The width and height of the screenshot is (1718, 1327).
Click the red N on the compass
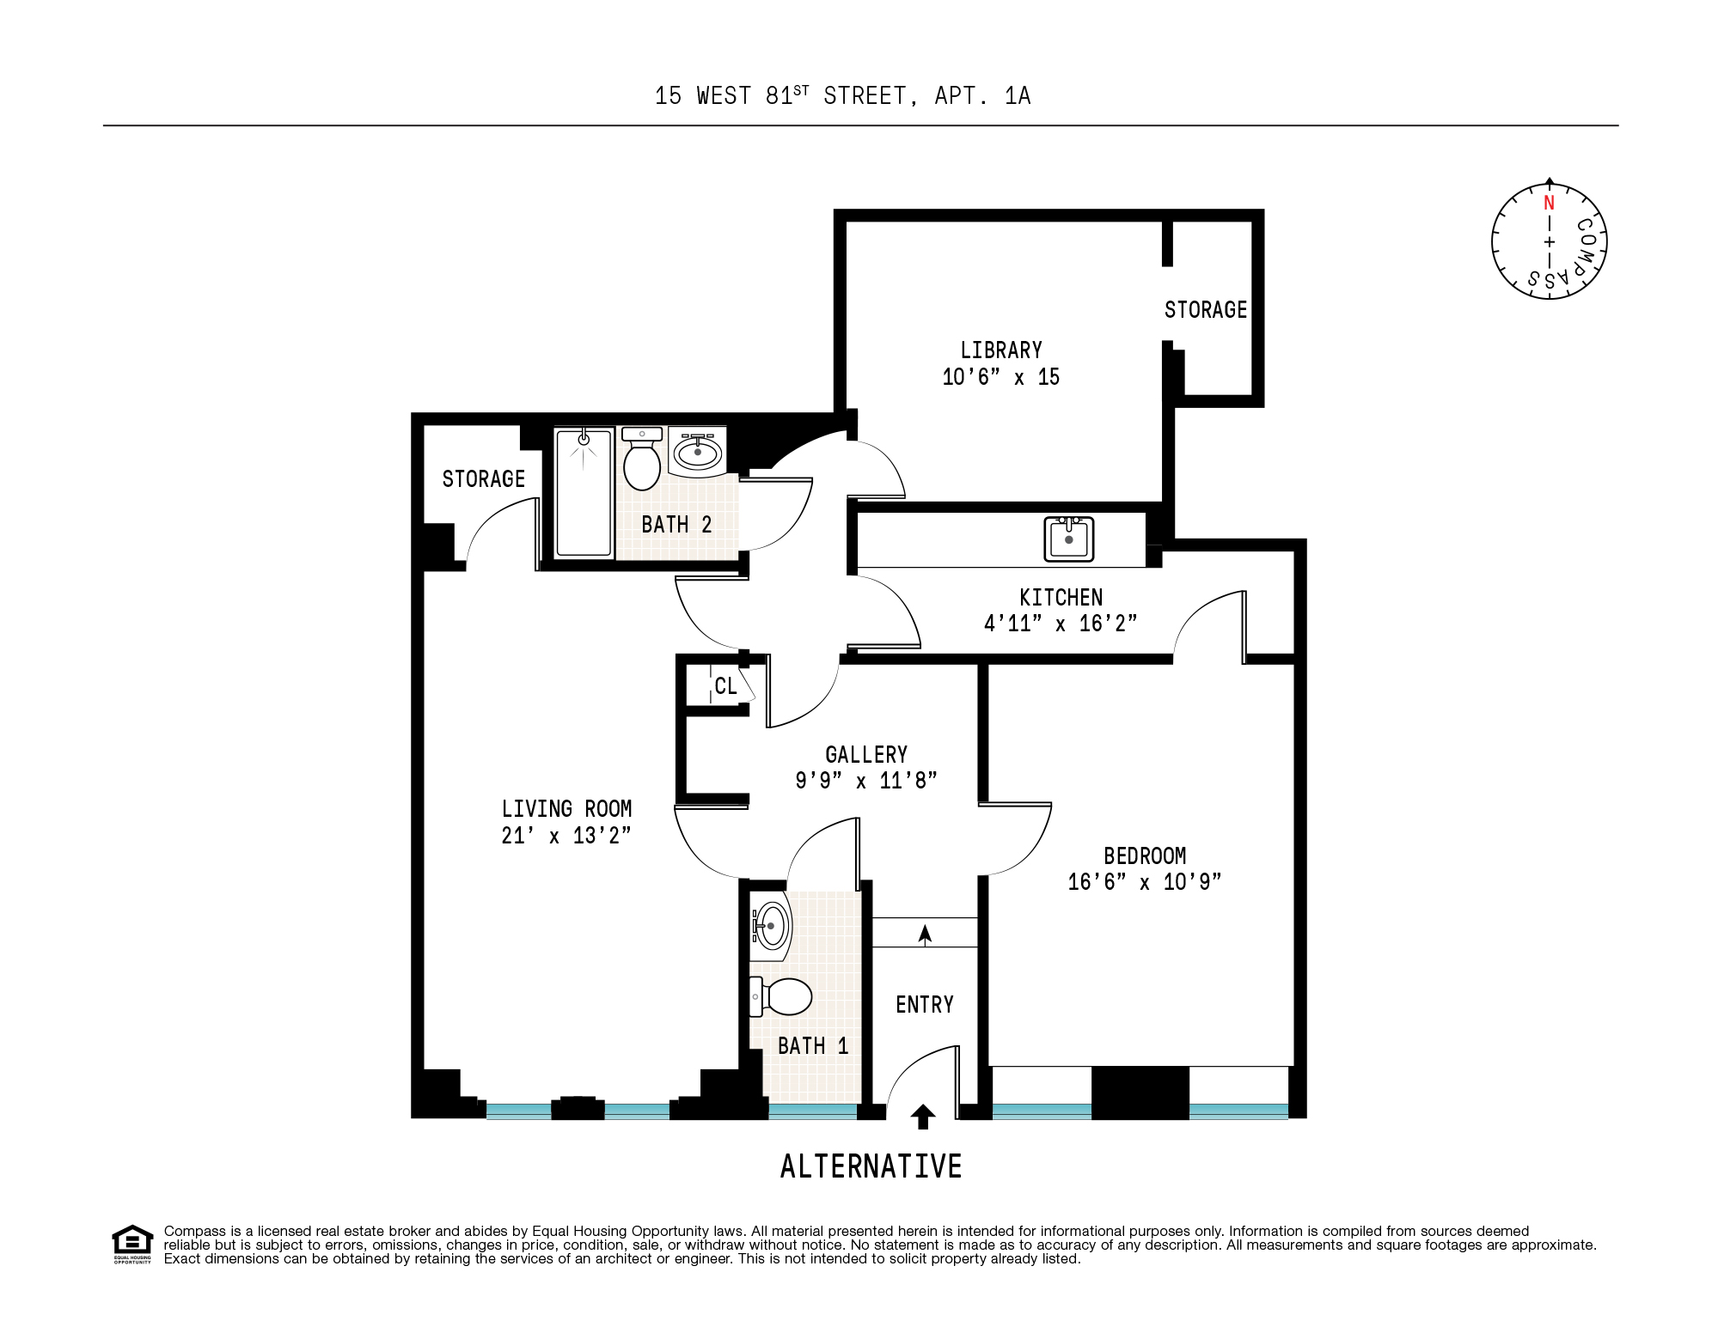coord(1549,204)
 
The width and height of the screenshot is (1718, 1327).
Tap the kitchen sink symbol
coord(1068,539)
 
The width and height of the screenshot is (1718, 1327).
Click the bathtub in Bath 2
coord(584,493)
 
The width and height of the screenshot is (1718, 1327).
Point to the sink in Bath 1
coord(771,927)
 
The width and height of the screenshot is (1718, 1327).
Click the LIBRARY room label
coord(1000,350)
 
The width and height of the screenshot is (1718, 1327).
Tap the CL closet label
coord(725,686)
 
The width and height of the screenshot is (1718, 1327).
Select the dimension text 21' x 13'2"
coord(566,836)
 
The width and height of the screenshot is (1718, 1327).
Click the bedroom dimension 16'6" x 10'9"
coord(1144,882)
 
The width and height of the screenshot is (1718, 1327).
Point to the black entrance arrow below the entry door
coord(923,1117)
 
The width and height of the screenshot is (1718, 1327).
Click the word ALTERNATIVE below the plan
coord(871,1166)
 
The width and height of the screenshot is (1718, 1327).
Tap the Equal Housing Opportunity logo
coord(132,1244)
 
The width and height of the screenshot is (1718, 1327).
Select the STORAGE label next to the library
coord(1205,310)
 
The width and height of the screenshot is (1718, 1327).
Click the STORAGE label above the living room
coord(483,479)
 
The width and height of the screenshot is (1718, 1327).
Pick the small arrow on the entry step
coord(925,934)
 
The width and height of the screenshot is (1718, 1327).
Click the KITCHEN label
coord(1061,598)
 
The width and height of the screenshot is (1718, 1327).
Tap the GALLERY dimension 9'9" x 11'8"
coord(865,781)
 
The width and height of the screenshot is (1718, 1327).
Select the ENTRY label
coord(925,1005)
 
